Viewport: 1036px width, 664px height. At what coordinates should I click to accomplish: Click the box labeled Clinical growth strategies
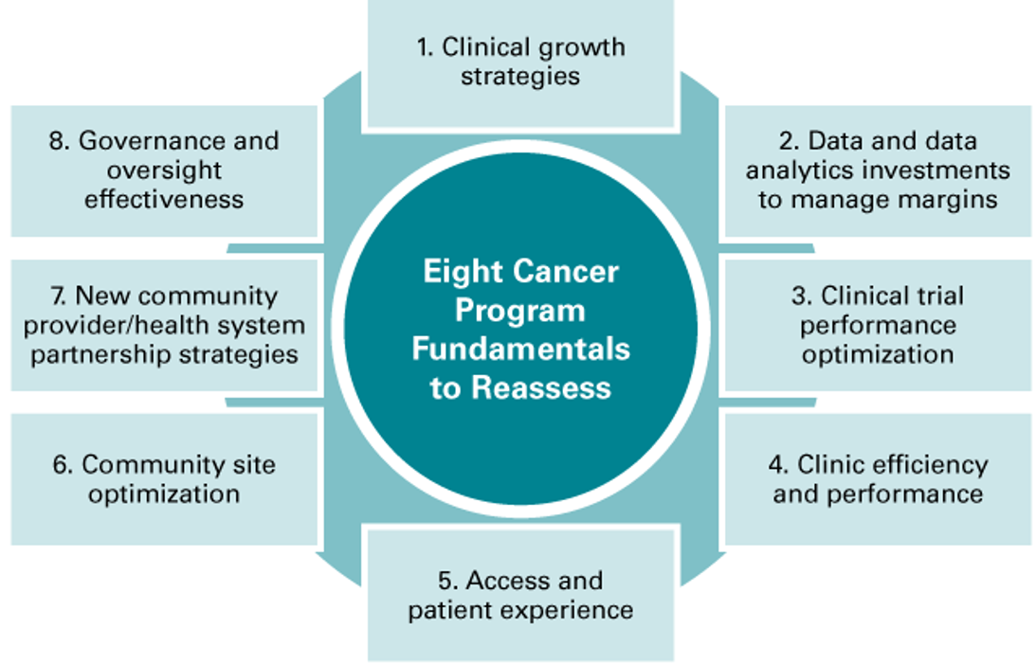[x=519, y=62]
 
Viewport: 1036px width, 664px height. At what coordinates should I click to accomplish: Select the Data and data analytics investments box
[x=878, y=170]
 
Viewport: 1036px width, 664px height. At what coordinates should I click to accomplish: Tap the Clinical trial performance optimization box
[x=878, y=325]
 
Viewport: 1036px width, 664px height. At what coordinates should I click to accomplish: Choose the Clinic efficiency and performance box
[x=878, y=478]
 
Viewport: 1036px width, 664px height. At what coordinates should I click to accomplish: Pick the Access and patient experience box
[x=520, y=594]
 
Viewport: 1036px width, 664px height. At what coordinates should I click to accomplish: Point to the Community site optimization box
[x=164, y=478]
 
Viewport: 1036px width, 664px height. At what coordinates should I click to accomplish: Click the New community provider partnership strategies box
[x=164, y=325]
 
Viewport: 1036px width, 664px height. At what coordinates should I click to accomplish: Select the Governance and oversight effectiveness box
[x=164, y=170]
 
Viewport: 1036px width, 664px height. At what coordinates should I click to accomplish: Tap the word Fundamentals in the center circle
[x=520, y=350]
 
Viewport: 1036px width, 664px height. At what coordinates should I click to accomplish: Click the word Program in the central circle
[x=520, y=312]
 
